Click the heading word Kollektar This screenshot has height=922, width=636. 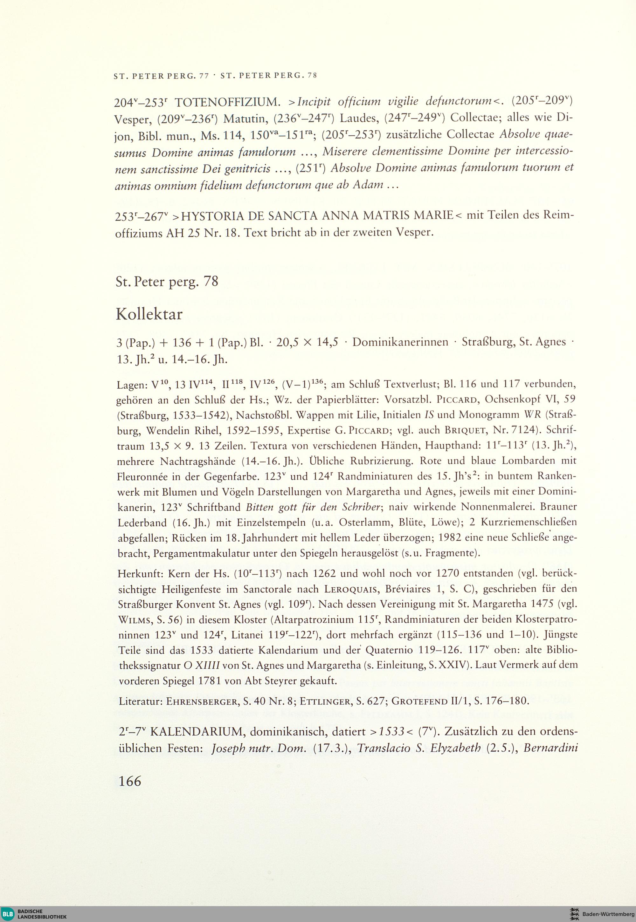point(149,315)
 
